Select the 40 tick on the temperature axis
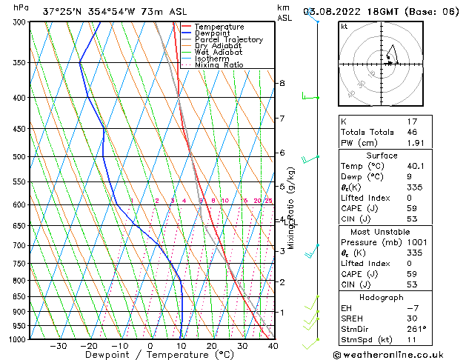(x=273, y=345)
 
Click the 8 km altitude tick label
(x=282, y=83)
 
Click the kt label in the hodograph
(x=344, y=26)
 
